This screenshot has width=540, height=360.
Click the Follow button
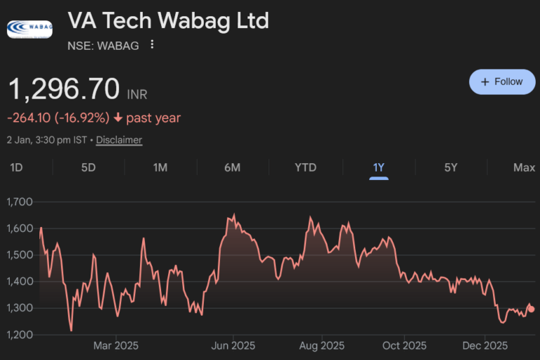coord(502,82)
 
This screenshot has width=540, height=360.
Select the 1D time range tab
coord(16,167)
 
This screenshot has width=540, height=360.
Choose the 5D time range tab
coord(89,167)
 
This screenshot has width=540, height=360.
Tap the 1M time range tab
coord(160,167)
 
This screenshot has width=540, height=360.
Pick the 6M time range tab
coord(233,167)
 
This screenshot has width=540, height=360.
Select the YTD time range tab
coord(305,167)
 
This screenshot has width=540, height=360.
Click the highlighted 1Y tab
coord(379,167)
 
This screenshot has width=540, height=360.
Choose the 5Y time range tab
coord(451,167)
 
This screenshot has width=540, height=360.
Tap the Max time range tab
coord(524,167)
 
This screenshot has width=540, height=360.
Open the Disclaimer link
coord(119,140)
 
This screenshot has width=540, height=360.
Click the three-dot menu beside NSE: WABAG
coord(152,45)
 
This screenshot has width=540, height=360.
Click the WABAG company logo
coord(29,29)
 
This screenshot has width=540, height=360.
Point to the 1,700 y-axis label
coord(19,202)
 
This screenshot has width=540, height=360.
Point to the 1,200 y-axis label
coord(19,335)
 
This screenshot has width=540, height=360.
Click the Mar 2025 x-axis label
coord(116,346)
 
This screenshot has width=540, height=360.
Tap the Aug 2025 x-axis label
coord(321,346)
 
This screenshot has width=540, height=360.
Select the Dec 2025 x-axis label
coord(485,346)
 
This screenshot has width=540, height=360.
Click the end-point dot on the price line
coord(532,309)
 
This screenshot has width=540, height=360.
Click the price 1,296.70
coord(64,90)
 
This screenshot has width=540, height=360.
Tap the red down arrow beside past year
coord(117,118)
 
